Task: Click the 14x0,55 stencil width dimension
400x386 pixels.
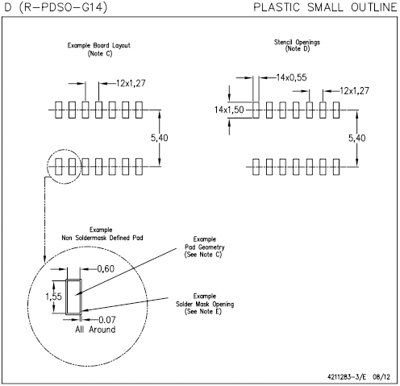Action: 292,77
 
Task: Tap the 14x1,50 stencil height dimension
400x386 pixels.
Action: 229,110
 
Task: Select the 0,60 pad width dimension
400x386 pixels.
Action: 106,269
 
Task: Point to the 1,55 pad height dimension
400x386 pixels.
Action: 53,297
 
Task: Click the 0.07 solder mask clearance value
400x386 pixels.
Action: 107,320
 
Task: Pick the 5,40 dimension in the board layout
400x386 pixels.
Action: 159,138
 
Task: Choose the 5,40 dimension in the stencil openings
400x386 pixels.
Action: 357,139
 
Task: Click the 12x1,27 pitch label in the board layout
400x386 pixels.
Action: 131,83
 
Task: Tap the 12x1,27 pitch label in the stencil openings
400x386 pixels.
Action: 355,91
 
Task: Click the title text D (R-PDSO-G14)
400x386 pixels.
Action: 56,7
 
